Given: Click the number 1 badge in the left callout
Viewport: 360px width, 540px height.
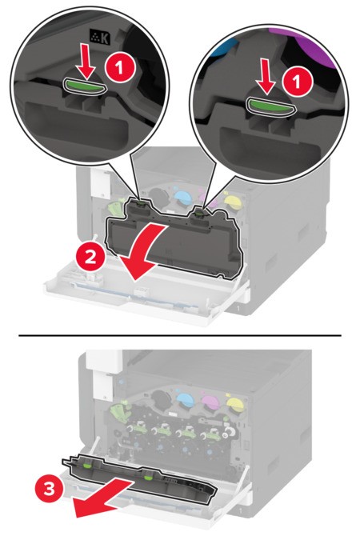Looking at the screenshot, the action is tap(119, 67).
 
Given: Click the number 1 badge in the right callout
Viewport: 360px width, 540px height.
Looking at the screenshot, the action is tap(298, 82).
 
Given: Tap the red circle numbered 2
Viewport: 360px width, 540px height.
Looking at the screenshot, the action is tap(90, 256).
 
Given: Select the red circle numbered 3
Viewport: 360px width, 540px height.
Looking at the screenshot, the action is tap(50, 489).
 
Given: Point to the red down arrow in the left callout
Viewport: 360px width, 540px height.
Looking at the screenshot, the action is tap(85, 62).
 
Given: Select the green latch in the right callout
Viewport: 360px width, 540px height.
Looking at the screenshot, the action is tap(270, 106).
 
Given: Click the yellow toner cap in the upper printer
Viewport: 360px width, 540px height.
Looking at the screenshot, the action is tap(231, 199).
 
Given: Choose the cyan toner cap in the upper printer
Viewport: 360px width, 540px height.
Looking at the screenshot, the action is tap(182, 197).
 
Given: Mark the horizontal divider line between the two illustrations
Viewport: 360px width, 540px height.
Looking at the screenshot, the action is tap(180, 334).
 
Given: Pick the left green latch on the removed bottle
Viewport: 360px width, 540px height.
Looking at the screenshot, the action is tap(87, 466).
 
